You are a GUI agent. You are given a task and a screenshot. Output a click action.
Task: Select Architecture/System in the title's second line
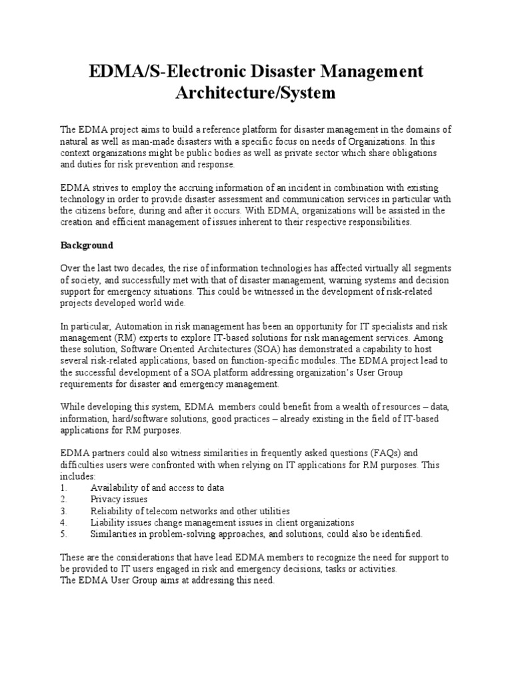tap(256, 93)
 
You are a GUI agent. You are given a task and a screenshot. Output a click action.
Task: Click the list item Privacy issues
tap(119, 499)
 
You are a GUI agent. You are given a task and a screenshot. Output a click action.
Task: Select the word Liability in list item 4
tap(108, 522)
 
